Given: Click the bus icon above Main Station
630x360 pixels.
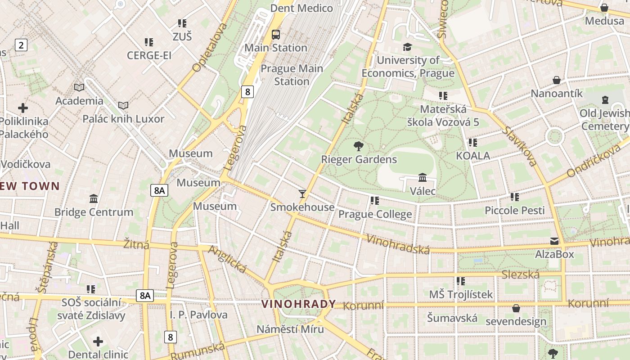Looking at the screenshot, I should pyautogui.click(x=275, y=34).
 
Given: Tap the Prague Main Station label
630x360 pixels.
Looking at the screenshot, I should pyautogui.click(x=292, y=75).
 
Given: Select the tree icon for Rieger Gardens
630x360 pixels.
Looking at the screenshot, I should pyautogui.click(x=359, y=146).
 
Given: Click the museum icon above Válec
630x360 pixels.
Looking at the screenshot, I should pyautogui.click(x=422, y=178).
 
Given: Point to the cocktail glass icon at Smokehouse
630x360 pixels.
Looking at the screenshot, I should pyautogui.click(x=302, y=194).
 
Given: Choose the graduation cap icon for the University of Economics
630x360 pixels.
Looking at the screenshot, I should pyautogui.click(x=407, y=47).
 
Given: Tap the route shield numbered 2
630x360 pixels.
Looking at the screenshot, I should pyautogui.click(x=21, y=45).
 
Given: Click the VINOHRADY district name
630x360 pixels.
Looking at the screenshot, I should pyautogui.click(x=299, y=304).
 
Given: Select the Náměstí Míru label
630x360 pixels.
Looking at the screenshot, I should pyautogui.click(x=290, y=329).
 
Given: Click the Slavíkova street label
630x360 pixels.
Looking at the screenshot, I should pyautogui.click(x=521, y=146).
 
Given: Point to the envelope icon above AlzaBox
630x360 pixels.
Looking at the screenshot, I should pyautogui.click(x=554, y=241).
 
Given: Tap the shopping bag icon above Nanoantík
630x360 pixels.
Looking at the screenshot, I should pyautogui.click(x=557, y=80).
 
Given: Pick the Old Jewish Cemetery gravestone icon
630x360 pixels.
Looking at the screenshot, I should pyautogui.click(x=605, y=99).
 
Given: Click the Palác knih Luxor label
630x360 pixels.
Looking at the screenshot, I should pyautogui.click(x=123, y=119).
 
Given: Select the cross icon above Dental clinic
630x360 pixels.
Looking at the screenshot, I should pyautogui.click(x=98, y=342).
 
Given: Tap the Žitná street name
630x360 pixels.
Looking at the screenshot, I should pyautogui.click(x=136, y=245).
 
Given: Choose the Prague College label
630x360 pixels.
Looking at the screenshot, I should pyautogui.click(x=375, y=214).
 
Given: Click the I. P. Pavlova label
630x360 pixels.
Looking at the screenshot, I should pyautogui.click(x=198, y=315).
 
